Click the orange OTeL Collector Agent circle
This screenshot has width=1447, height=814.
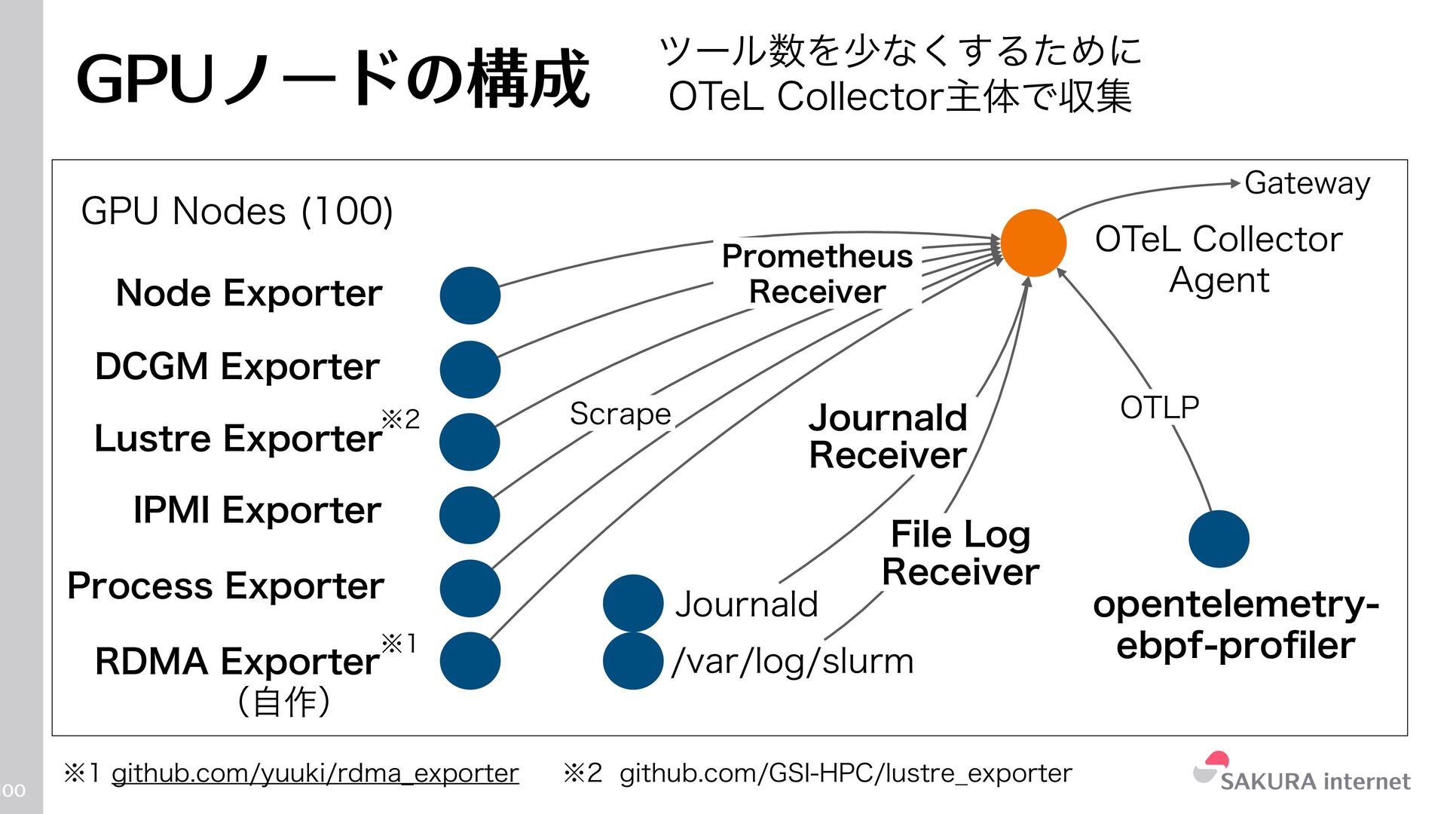[x=1033, y=243]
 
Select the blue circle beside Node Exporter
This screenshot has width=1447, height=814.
[x=470, y=295]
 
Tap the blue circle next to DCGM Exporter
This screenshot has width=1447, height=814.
[x=470, y=369]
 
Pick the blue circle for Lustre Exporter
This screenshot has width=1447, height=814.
[x=470, y=442]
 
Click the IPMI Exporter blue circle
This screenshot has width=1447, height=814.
[x=470, y=515]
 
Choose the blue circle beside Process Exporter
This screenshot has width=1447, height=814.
[x=470, y=588]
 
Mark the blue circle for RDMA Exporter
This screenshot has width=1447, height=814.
[x=470, y=660]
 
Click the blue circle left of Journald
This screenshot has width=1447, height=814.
[x=633, y=603]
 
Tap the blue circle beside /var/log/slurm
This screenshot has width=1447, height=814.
[x=633, y=660]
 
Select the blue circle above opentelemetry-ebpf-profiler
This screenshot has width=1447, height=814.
[x=1219, y=539]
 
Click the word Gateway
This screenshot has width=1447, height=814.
[x=1307, y=183]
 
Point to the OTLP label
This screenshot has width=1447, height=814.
[x=1159, y=408]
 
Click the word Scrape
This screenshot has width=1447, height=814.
[x=619, y=414]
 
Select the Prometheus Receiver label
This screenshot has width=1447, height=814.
[x=817, y=274]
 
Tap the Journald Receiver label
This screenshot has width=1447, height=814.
[x=887, y=436]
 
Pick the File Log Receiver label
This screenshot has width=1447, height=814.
[x=960, y=552]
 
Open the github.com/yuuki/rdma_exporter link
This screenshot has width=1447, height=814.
[x=315, y=773]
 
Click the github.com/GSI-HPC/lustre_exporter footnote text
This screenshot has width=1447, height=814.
[x=845, y=773]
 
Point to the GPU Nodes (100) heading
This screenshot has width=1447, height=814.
[x=237, y=211]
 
